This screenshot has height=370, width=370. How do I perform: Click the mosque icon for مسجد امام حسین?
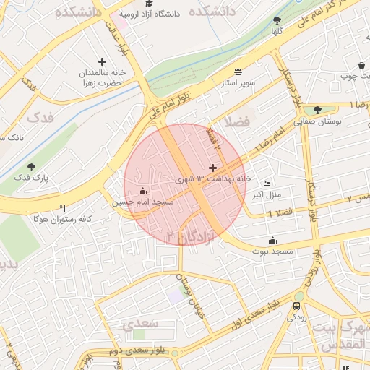coord(142,192)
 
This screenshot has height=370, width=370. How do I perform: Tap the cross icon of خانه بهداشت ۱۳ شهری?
coord(212,168)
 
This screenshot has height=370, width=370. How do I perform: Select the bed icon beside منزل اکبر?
coord(267,184)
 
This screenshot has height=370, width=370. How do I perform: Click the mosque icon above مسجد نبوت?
coord(272,241)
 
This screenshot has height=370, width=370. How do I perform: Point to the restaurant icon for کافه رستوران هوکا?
coord(63,208)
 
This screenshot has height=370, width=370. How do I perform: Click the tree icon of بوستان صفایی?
coord(318,110)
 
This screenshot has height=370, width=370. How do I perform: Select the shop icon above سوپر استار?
coord(238,72)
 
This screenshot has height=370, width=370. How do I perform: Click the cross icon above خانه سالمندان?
coord(102,62)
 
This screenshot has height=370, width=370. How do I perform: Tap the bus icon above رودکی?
coord(297,306)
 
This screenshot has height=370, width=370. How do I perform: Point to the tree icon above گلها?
coord(277,20)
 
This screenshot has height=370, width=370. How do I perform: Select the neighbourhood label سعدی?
coord(139,324)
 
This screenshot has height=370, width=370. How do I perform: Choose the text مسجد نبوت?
coord(272,251)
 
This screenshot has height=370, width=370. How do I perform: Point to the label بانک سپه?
coord(12,137)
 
